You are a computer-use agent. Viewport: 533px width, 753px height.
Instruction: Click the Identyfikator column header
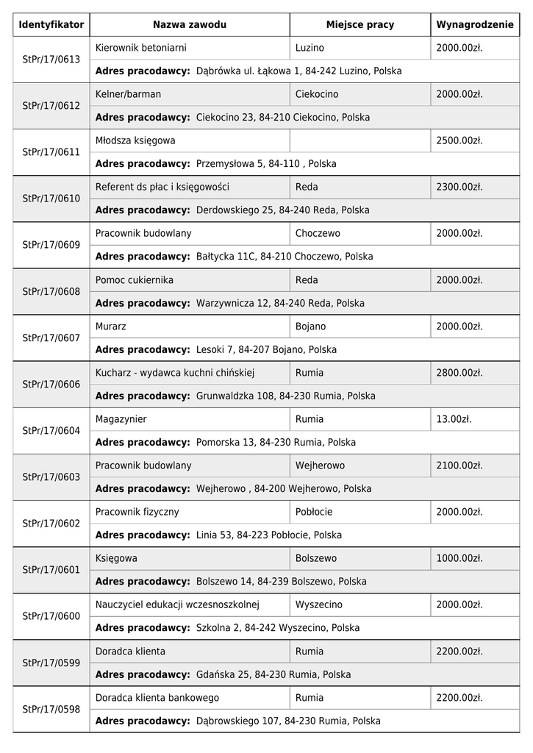click(x=51, y=25)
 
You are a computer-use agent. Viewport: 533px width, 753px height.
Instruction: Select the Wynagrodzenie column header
click(x=475, y=25)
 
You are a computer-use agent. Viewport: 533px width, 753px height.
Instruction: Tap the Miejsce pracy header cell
click(x=359, y=25)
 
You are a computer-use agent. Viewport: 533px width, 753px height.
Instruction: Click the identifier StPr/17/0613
click(x=51, y=60)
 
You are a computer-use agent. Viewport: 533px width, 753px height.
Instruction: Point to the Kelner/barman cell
click(x=129, y=94)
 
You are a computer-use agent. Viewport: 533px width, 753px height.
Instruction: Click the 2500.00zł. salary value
click(x=459, y=140)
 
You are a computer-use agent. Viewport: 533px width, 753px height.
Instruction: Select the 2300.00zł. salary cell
click(x=459, y=187)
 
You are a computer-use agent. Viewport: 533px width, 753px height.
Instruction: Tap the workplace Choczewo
click(x=318, y=233)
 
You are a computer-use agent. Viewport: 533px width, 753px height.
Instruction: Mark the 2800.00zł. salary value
click(x=459, y=373)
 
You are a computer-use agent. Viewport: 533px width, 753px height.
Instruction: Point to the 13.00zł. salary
click(x=453, y=419)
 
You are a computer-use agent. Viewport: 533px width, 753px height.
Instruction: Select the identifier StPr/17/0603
click(x=51, y=477)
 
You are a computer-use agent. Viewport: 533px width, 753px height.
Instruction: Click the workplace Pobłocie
click(x=314, y=512)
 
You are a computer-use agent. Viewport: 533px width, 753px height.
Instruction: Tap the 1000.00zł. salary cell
click(x=459, y=558)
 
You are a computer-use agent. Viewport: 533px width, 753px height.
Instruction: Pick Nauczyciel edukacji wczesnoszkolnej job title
click(x=177, y=604)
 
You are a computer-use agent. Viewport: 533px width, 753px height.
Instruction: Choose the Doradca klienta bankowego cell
click(x=157, y=698)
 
